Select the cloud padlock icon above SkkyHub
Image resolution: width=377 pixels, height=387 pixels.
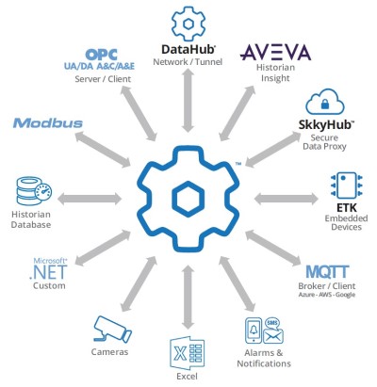(x=326, y=105)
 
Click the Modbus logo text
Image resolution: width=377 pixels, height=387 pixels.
(x=48, y=123)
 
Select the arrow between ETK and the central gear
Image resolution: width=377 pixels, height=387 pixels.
(x=287, y=200)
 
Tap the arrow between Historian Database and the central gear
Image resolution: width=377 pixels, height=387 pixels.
(x=90, y=200)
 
